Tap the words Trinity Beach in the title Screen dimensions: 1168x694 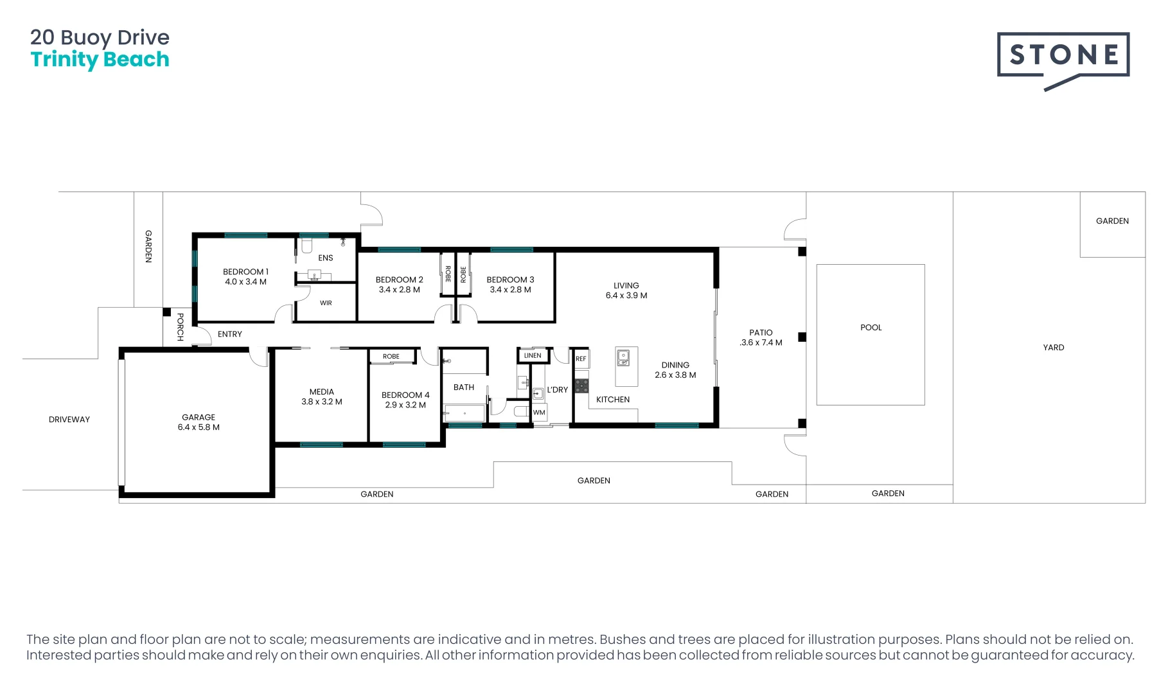coord(100,60)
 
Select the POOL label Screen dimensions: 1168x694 coord(871,328)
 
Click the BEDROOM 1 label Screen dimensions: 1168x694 coord(245,272)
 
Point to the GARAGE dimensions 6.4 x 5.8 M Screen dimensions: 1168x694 coord(199,427)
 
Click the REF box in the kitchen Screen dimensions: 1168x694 coord(581,359)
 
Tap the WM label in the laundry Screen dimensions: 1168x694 coord(539,413)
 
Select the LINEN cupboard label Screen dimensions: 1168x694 coord(533,355)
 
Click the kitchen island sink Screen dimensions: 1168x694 coord(623,358)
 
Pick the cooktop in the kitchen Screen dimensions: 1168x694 coord(581,386)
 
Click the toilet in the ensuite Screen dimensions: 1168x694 coord(306,245)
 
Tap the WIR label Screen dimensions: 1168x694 coord(326,303)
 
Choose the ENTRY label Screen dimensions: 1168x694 coord(230,334)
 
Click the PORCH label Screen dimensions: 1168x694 coord(181,327)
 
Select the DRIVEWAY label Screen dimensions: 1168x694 coord(69,420)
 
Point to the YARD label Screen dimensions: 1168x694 coord(1054,348)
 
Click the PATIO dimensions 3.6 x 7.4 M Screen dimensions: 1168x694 coord(761,343)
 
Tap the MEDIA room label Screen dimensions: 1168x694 coord(322,392)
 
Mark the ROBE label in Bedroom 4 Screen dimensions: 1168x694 coord(391,357)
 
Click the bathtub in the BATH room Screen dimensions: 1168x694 coord(465,413)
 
